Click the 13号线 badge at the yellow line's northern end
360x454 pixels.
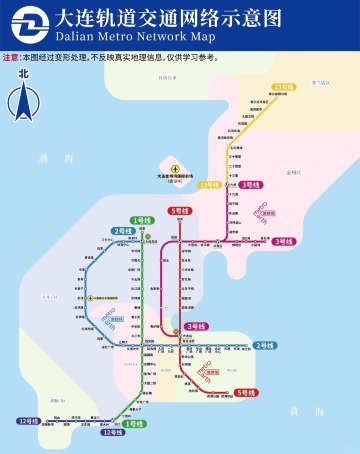pos(284,87)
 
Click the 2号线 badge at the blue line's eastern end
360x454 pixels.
pos(265,345)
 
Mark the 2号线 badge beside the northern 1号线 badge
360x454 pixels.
pos(123,231)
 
